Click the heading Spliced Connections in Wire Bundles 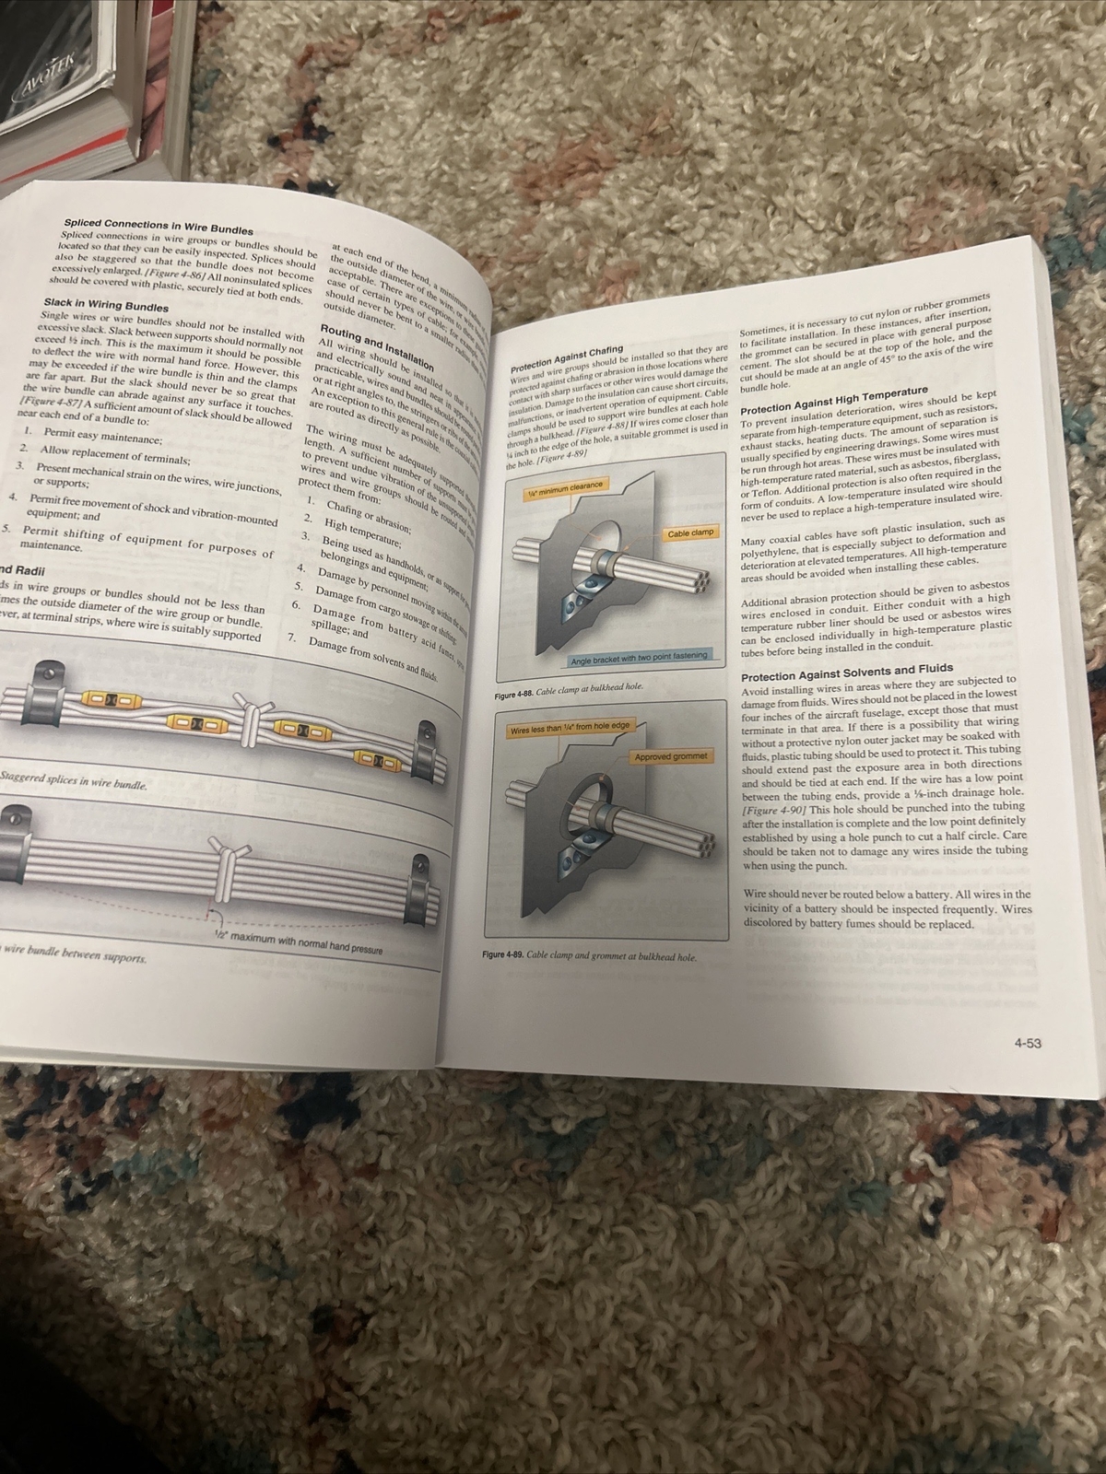[x=159, y=226]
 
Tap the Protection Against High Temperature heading [x=833, y=402]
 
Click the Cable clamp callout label [x=690, y=533]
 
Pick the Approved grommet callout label [x=672, y=756]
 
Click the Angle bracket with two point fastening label [x=639, y=655]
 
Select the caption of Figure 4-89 [x=589, y=956]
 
